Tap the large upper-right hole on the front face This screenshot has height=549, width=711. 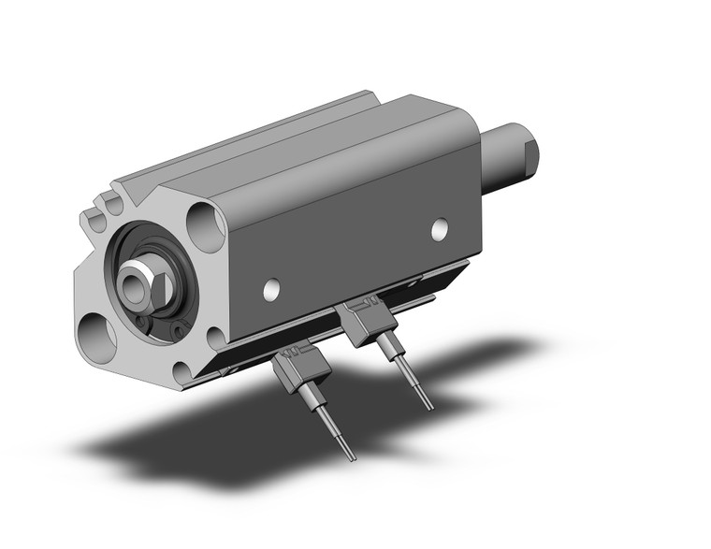206,226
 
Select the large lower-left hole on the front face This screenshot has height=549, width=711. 96,336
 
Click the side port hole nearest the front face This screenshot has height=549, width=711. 271,290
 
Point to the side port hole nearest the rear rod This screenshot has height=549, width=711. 439,227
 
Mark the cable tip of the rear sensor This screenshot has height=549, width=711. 429,406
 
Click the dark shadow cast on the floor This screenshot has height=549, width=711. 234,440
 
